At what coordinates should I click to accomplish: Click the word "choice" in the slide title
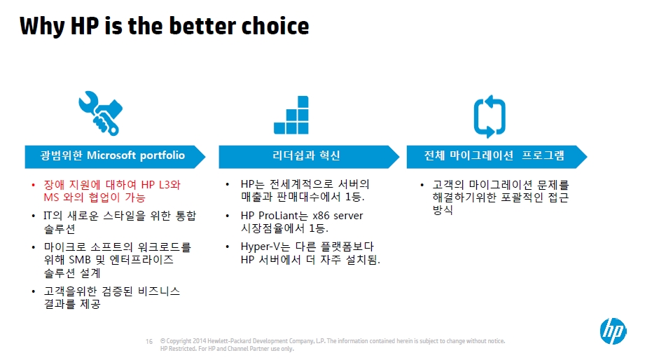275,26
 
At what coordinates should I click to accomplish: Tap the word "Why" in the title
42,27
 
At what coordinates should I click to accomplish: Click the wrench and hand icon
101,113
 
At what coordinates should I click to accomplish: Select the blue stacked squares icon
291,115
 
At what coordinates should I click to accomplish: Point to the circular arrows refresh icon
490,116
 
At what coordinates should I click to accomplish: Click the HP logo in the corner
613,331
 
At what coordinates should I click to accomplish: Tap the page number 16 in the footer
149,342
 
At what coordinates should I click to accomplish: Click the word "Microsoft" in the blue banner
111,155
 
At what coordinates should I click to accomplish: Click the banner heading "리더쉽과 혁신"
306,155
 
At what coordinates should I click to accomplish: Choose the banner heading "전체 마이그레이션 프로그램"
494,155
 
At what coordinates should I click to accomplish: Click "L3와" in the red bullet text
169,185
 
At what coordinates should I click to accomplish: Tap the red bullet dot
34,185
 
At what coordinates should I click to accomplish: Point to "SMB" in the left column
80,260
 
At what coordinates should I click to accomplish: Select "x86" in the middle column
321,216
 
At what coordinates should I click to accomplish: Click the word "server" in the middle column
348,216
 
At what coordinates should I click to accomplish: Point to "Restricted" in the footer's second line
182,349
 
